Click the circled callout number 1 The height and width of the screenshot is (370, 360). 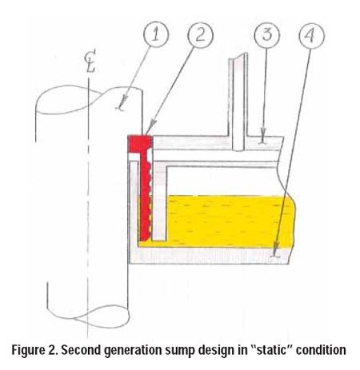point(155,34)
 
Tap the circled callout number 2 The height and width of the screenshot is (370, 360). point(201,35)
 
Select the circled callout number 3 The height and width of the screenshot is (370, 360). point(267,35)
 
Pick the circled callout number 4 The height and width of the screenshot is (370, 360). point(311,36)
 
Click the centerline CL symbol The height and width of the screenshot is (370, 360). point(90,63)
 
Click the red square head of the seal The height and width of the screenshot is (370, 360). point(140,144)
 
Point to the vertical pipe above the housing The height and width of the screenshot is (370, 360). point(238,102)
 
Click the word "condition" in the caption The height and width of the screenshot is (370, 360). point(322,350)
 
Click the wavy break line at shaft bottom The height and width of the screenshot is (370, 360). point(89,317)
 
